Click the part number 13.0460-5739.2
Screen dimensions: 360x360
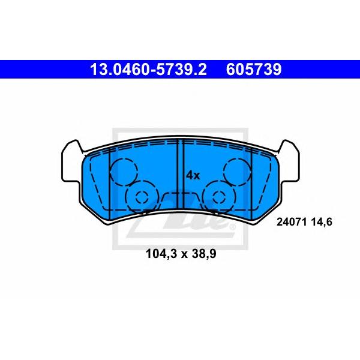coord(148,70)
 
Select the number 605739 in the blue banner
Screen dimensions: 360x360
coord(254,70)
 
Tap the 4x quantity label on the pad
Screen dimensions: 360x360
coord(193,176)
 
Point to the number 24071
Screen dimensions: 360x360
coord(292,222)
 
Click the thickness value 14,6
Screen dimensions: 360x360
coord(322,222)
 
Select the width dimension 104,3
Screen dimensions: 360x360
coord(161,254)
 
